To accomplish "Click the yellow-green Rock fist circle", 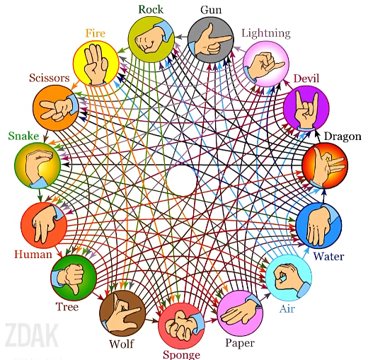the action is [151, 40].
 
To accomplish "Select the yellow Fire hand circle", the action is [96, 64].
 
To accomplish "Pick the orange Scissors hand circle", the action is [56, 108].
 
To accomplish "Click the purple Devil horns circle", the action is [306, 108].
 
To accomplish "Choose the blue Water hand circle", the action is [318, 225].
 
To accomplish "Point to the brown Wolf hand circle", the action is [122, 313].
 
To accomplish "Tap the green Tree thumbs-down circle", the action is [74, 277].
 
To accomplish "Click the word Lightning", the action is [266, 33].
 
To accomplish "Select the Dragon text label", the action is [343, 137].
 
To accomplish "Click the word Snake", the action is [23, 136].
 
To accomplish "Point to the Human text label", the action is [33, 255].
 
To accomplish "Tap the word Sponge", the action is [182, 354].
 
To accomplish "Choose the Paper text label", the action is [240, 344].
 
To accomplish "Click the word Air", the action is [287, 309].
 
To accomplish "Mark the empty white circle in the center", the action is [182, 181].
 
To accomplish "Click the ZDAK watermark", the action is [32, 335].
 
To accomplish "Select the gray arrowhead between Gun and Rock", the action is [178, 37].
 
